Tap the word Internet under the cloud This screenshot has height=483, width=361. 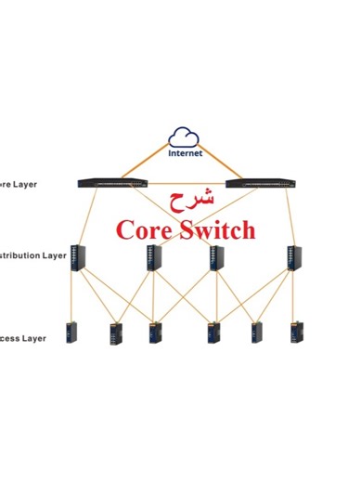point(185,153)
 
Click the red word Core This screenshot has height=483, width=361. point(146,229)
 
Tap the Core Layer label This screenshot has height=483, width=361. point(19,184)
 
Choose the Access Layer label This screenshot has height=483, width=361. point(23,339)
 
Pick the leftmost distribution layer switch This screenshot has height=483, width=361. point(78,257)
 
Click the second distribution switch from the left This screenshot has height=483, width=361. point(153,257)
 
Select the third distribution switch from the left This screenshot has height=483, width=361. point(217,257)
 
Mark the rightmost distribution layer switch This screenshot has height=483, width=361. point(292,257)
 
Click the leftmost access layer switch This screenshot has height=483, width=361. point(71,333)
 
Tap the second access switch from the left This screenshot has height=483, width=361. point(116,333)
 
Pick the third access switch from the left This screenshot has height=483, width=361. point(155,333)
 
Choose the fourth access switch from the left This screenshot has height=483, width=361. point(214,333)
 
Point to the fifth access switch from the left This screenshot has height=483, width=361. point(257,333)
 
